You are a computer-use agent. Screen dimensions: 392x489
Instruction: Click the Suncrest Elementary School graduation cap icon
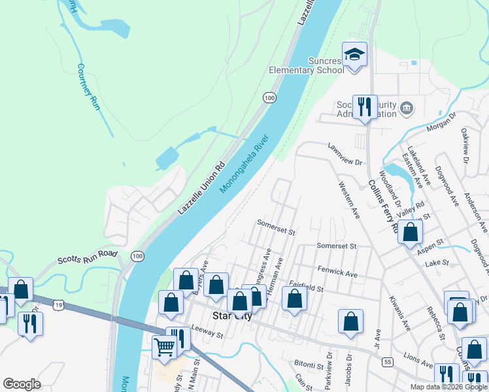coord(354,54)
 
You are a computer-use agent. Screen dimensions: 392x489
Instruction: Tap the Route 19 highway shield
coord(59,304)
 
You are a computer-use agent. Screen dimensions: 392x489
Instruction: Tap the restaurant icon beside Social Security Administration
coord(364,106)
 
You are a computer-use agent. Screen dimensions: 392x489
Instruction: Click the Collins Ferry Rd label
coord(382,206)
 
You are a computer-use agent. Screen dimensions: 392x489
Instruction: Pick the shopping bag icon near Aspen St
coord(410,232)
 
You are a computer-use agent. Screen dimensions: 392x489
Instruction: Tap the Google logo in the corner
coord(22,384)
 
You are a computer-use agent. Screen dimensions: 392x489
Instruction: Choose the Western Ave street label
coord(348,199)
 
